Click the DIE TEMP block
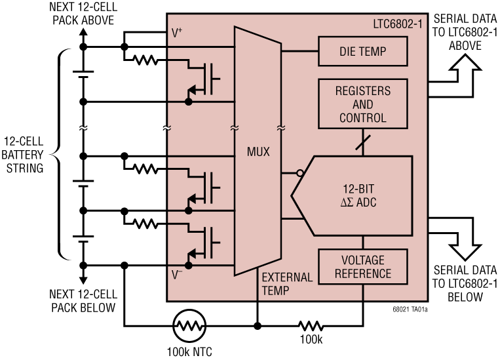point(362,51)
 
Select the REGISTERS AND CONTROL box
point(362,104)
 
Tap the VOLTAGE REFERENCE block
point(362,267)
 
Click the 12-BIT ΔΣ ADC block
point(357,195)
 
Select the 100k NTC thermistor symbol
point(189,325)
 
